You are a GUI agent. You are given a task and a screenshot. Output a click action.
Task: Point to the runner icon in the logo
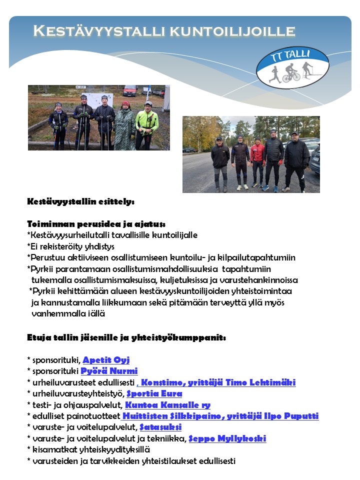(274, 73)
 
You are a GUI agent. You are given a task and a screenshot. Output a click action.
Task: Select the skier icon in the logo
(307, 69)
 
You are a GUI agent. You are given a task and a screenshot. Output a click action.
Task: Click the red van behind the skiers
(130, 90)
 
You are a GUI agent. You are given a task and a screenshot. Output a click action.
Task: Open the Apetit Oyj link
(106, 360)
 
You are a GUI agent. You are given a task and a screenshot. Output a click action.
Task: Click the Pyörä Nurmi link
(109, 371)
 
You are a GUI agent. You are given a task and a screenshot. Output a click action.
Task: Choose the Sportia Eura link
(154, 393)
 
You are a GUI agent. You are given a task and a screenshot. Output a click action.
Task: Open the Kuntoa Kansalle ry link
(167, 405)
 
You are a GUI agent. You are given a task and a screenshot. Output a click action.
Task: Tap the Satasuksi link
(160, 427)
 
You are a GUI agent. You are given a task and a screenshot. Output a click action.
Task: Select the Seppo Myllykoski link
(227, 438)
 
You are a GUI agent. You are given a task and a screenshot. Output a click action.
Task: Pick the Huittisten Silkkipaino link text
(162, 416)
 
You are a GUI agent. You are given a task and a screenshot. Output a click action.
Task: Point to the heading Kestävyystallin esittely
(80, 202)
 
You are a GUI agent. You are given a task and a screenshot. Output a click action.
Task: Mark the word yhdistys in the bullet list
(98, 246)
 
